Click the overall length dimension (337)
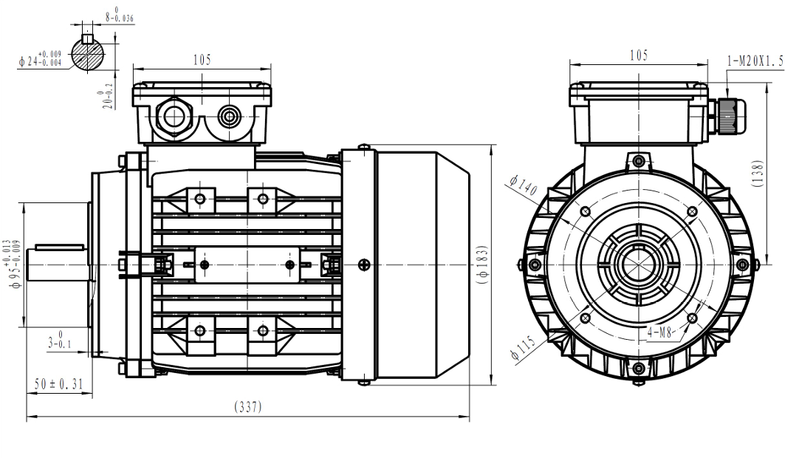click(x=247, y=407)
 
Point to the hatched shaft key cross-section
click(x=89, y=52)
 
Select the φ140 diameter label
click(x=523, y=187)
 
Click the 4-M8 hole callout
click(x=661, y=332)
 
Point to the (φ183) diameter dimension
click(x=483, y=265)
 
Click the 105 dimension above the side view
click(x=202, y=60)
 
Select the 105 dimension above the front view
click(x=638, y=55)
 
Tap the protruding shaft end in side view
click(x=58, y=264)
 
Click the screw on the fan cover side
click(x=362, y=264)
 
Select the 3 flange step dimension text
click(x=56, y=341)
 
